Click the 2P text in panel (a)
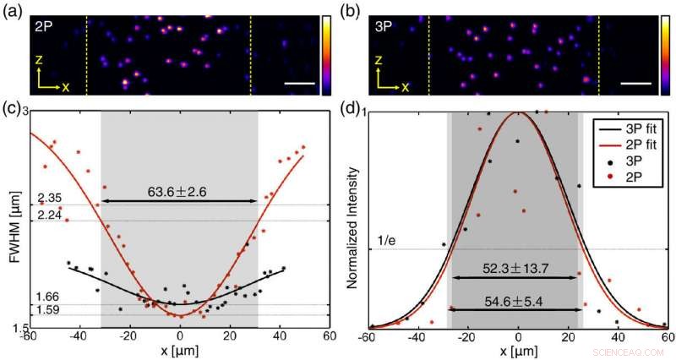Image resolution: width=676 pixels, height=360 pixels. [x=43, y=26]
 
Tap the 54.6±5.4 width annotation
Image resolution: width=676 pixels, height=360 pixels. [x=517, y=300]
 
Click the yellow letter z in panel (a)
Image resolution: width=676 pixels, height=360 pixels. [x=38, y=62]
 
